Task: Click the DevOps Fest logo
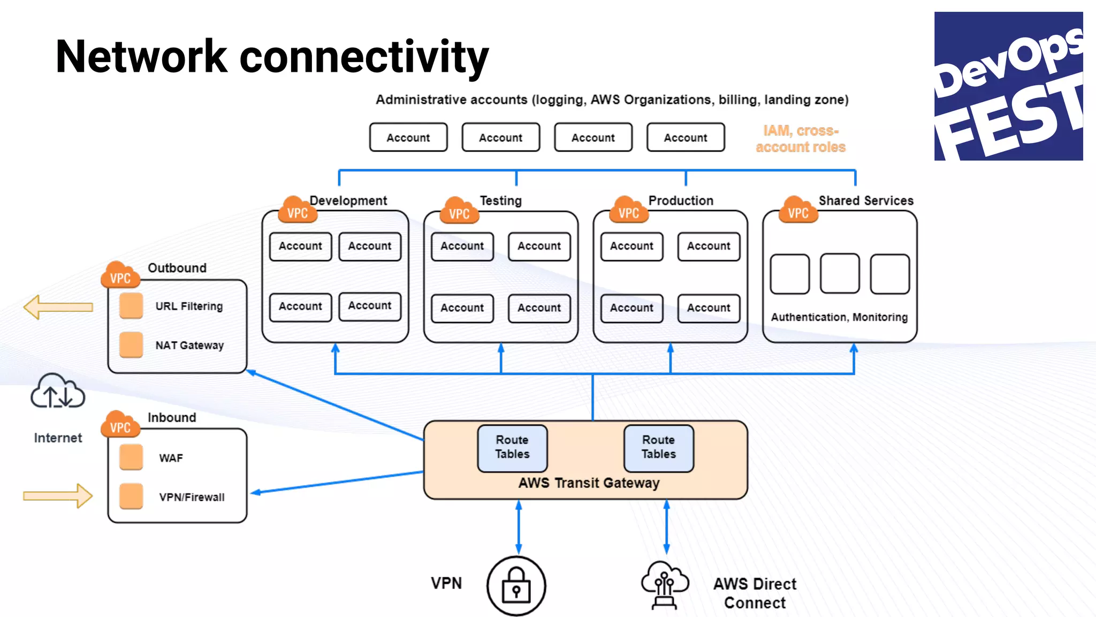click(1008, 86)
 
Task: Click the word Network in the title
click(141, 57)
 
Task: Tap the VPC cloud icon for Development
click(297, 210)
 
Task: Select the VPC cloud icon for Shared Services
click(798, 210)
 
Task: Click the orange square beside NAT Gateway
click(131, 345)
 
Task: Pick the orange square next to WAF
click(131, 457)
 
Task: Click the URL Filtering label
click(189, 306)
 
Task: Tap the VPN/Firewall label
click(192, 497)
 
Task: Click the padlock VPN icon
click(516, 585)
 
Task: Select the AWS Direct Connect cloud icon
click(664, 584)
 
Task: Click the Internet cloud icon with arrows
click(57, 392)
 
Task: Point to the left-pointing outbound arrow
click(58, 307)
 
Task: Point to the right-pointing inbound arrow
click(58, 496)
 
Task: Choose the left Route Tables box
click(512, 448)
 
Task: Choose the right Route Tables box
click(659, 448)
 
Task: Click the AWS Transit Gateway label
click(589, 483)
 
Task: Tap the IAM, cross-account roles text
click(801, 139)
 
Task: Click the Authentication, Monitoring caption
click(839, 317)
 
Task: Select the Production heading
click(681, 201)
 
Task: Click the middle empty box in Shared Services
click(839, 274)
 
